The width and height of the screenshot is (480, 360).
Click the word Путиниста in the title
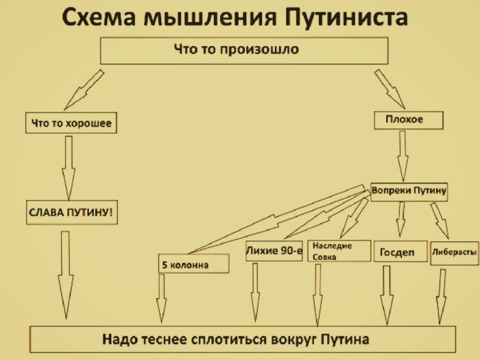pos(342,18)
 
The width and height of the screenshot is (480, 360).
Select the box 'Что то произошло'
pos(244,51)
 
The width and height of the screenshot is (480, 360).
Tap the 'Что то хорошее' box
pos(71,123)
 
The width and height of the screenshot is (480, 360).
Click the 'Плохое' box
pos(409,120)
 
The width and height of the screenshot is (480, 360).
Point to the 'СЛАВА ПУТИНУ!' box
pos(72,213)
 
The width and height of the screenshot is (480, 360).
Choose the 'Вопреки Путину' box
pos(409,192)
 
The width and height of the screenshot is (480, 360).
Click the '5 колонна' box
pos(193,263)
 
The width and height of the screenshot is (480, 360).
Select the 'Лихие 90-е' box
pos(274,252)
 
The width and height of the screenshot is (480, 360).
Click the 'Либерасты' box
pos(453,252)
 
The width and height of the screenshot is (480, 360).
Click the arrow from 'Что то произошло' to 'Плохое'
pos(389,88)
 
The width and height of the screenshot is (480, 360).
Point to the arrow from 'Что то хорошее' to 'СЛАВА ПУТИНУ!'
pos(68,167)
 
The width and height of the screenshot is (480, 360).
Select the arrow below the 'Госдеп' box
pos(387,292)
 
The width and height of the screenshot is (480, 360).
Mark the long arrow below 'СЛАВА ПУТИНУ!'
pos(65,274)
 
